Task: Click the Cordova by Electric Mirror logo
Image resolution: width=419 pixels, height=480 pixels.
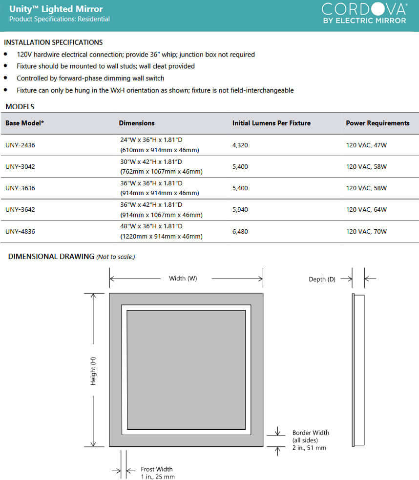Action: tap(364, 13)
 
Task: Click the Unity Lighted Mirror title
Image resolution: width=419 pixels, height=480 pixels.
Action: tap(56, 9)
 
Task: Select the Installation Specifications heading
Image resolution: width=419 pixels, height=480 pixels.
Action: tap(53, 42)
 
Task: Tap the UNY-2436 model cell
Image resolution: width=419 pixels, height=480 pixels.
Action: tap(20, 145)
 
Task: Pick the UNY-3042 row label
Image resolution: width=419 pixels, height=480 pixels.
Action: tap(20, 166)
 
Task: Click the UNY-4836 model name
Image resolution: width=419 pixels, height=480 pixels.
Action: tap(20, 231)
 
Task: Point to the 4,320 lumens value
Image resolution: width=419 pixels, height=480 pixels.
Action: tap(240, 145)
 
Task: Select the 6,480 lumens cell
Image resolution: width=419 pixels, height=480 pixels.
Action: tap(240, 231)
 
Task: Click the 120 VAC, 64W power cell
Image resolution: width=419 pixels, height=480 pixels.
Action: tap(366, 210)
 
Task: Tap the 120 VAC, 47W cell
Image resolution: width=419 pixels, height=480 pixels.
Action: tap(366, 145)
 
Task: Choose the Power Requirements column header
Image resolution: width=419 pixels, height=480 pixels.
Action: tap(377, 123)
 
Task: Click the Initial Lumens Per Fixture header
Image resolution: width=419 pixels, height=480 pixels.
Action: tap(271, 123)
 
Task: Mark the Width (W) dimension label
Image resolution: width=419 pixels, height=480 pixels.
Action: tap(183, 279)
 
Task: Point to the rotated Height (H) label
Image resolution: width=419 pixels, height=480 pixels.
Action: tap(93, 371)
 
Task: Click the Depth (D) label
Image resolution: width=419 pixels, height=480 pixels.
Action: tap(322, 279)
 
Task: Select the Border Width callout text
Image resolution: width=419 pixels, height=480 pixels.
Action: tap(311, 440)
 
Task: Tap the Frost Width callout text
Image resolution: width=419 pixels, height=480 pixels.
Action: tap(157, 473)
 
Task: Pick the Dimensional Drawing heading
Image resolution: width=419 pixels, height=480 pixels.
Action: tap(51, 257)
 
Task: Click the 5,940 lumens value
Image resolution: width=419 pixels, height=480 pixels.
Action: tap(240, 210)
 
